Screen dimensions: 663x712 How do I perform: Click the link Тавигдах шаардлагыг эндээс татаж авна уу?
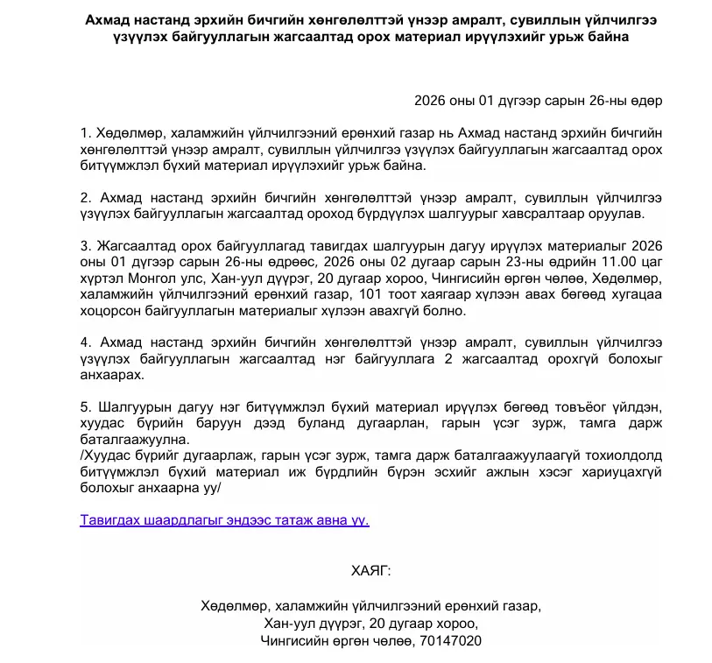[x=224, y=519]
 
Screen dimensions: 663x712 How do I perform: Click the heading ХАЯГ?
[x=371, y=571]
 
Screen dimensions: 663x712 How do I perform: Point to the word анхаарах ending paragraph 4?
[x=109, y=375]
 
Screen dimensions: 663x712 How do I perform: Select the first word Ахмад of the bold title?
[x=109, y=20]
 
